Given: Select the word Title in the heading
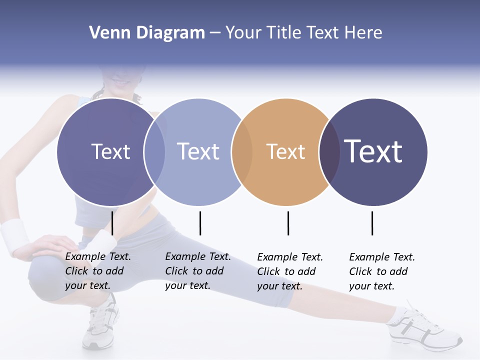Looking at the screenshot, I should coord(284,33).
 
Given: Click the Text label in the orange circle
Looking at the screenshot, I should coord(285,151).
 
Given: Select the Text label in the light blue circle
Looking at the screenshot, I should coord(198,151).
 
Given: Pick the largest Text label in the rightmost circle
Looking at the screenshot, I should coord(373,151).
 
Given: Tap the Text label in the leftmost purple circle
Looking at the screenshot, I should coord(110,151).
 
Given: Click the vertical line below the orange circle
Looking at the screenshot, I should coord(288,223).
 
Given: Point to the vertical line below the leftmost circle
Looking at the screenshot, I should coord(112,223).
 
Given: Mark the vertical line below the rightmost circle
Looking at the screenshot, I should coord(372,223).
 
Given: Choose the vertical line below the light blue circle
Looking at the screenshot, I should coord(200,223).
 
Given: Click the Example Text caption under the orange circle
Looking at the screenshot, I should coord(290,271).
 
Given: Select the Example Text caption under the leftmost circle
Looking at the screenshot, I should coord(97,271).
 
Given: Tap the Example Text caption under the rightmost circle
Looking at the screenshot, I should coord(381,271).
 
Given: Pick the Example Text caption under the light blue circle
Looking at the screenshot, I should coord(197,271).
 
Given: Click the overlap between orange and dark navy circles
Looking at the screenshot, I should coord(329,151).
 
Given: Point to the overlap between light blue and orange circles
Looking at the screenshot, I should coord(242,151).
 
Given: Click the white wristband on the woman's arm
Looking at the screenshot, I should coord(14,235).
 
